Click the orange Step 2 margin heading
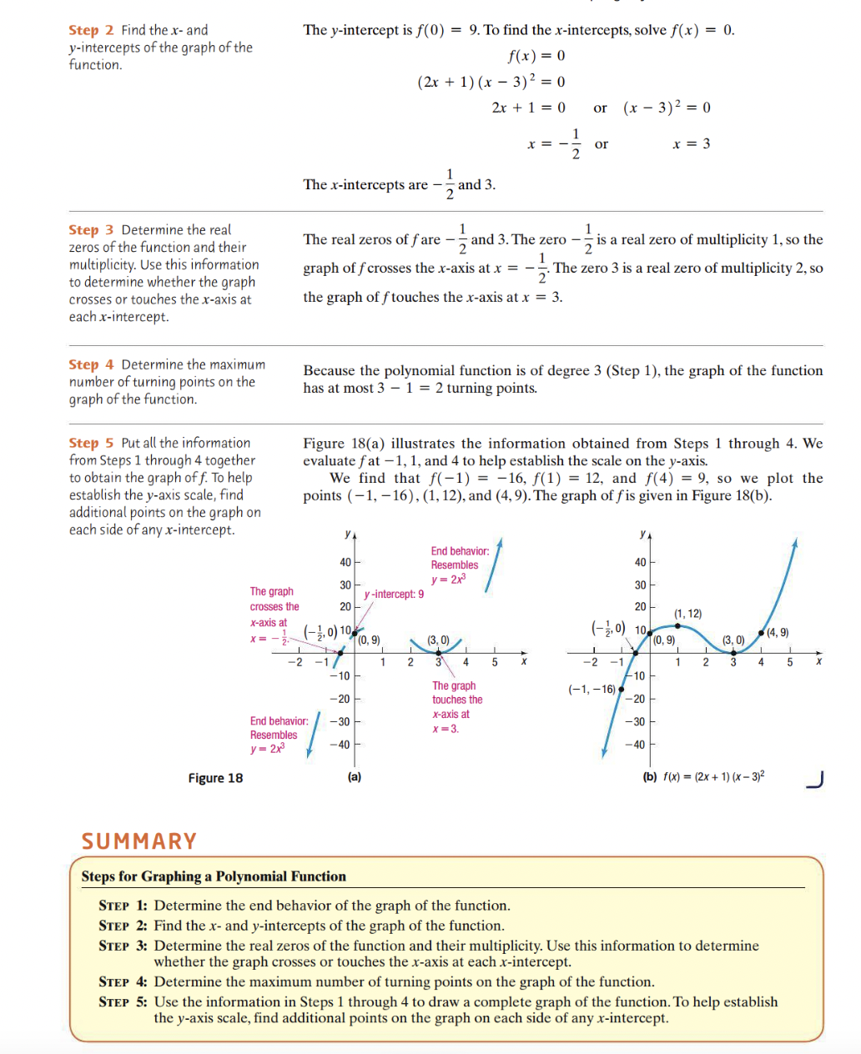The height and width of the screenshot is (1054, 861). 91,30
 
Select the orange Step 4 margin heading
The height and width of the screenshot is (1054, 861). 91,364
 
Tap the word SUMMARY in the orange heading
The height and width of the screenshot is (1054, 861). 139,841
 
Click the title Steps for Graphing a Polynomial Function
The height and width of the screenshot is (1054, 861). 214,876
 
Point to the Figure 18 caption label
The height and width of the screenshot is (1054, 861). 215,778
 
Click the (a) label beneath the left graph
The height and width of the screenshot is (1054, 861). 355,776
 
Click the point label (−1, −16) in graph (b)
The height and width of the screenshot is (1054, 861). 592,689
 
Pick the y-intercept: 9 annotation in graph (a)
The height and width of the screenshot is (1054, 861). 394,594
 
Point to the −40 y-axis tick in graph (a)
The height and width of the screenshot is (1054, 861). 340,745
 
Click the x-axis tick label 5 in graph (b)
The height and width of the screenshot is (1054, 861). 789,662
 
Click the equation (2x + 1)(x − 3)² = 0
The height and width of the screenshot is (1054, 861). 491,82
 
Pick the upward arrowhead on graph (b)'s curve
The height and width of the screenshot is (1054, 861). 795,543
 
